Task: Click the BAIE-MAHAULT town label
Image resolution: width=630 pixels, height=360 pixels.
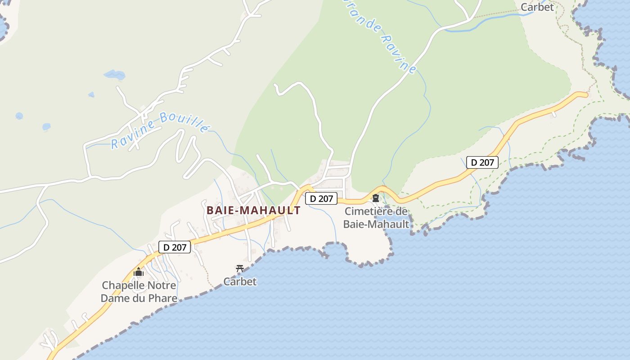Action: coord(253,210)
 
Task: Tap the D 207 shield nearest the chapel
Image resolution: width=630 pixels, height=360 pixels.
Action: coord(175,247)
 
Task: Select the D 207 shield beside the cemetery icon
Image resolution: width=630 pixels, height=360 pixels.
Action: coord(321,198)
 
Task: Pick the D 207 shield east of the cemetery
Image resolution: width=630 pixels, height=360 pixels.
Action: coord(482,162)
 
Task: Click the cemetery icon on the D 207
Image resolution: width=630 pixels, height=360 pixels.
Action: coord(375,198)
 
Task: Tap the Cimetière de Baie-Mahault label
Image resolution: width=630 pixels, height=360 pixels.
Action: coord(376,218)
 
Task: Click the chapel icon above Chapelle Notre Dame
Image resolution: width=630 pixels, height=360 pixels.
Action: coord(139,272)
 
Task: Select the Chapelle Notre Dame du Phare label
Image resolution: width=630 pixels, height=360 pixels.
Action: coord(139,292)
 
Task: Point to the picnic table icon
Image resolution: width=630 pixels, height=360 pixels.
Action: coord(240,269)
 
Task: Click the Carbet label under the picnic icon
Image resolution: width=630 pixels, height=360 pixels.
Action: coord(240,282)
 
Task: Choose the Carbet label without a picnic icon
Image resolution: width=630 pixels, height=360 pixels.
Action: coord(537,7)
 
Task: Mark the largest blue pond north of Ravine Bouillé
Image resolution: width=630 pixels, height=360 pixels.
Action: coord(114,75)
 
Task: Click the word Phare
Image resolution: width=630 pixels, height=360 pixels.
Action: coord(162,298)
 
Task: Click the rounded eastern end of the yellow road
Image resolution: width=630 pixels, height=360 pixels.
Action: coord(585,94)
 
